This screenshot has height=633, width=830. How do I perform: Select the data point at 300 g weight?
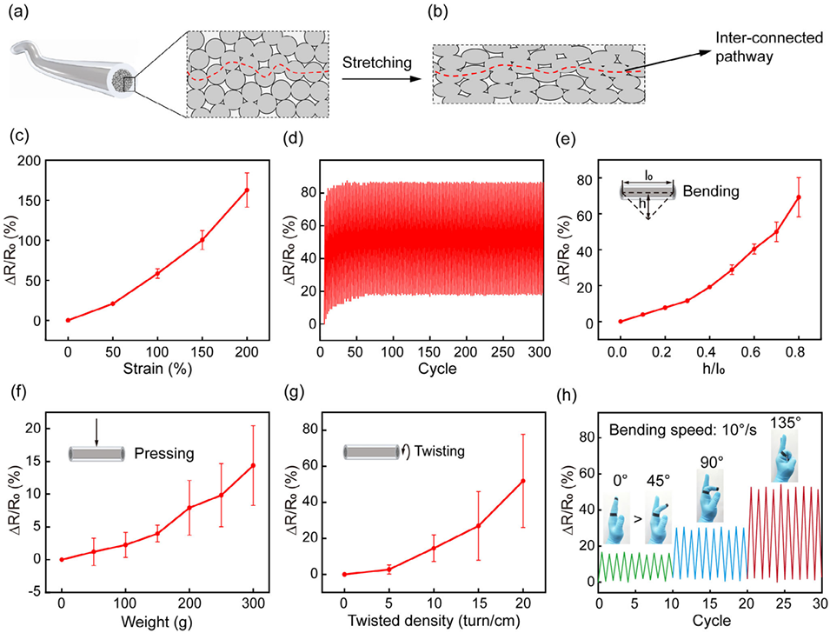pyautogui.click(x=253, y=465)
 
